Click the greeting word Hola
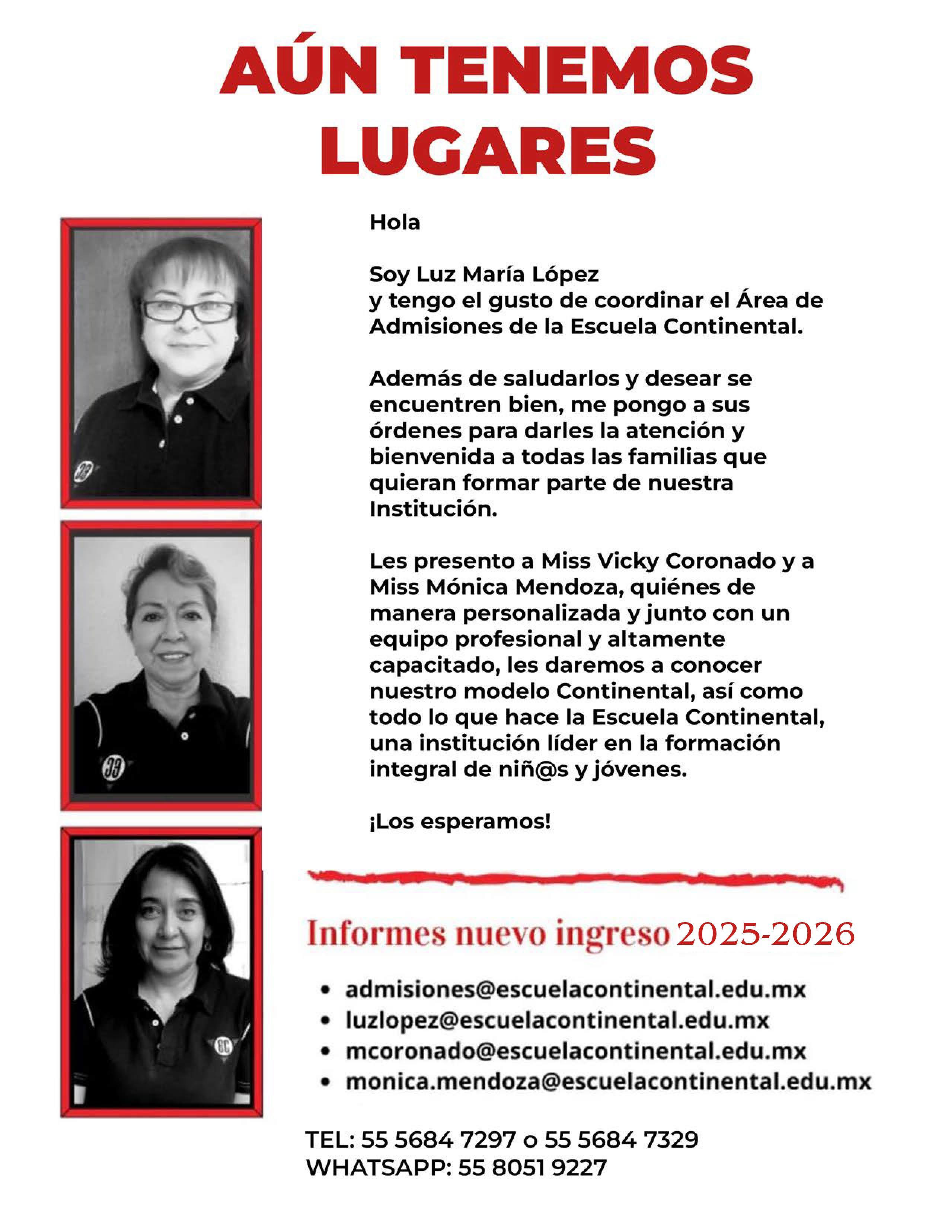[x=394, y=223]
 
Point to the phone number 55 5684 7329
[x=621, y=1140]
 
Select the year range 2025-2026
[x=765, y=934]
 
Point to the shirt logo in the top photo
[x=83, y=470]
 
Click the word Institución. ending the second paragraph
[x=433, y=509]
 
